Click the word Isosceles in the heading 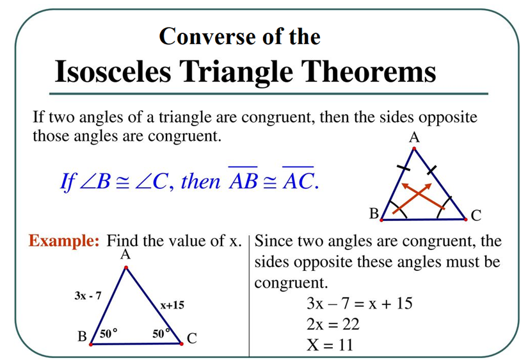point(113,72)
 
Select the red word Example point(64,241)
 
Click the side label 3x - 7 point(88,295)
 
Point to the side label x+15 point(172,305)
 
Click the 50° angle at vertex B point(109,333)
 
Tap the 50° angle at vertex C point(161,333)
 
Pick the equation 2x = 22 point(333,324)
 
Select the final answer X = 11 point(330,345)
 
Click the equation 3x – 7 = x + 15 point(360,303)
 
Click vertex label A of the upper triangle point(414,137)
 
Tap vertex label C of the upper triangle point(476,216)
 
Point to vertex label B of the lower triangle point(82,336)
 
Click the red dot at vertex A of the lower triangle point(126,268)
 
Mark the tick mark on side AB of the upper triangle point(403,168)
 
